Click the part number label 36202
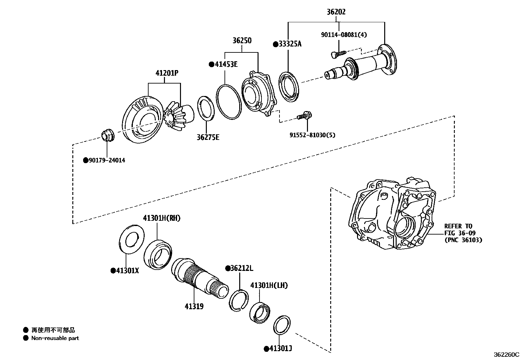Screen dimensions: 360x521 [336, 12]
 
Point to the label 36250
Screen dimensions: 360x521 [242, 41]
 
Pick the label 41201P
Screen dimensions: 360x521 [167, 73]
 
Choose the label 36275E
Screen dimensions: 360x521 [208, 137]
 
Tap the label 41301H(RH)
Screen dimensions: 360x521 [161, 218]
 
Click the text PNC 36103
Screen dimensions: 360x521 [463, 240]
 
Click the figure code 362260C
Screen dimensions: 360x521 [506, 355]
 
